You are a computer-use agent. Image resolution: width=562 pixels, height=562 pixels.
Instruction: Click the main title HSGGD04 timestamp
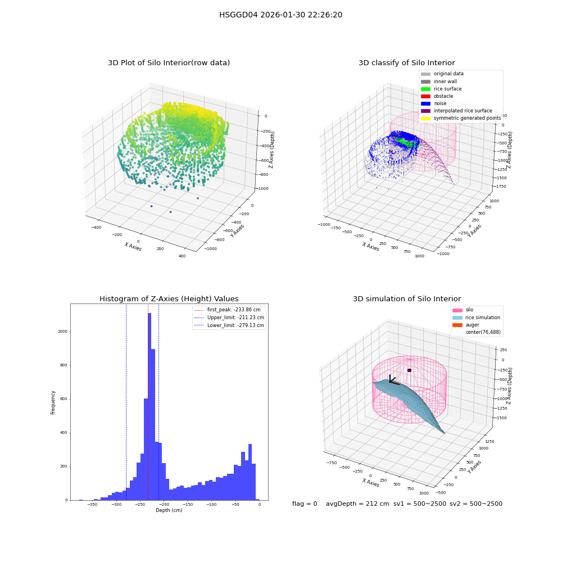pos(280,15)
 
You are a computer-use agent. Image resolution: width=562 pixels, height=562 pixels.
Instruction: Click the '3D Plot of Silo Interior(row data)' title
pos(169,63)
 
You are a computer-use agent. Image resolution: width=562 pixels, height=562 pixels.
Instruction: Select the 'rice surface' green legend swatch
pos(425,89)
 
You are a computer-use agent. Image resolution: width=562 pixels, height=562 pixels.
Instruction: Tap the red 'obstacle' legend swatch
pos(425,96)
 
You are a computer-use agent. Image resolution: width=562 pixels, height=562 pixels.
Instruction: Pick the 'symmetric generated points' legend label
pos(468,118)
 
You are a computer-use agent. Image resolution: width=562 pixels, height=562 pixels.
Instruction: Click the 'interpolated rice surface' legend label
pos(463,111)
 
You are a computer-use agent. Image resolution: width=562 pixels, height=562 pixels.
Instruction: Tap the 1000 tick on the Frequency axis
pos(63,332)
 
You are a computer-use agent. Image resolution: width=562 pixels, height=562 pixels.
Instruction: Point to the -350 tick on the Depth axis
pos(93,504)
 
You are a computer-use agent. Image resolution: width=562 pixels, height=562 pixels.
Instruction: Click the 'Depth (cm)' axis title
pos(169,510)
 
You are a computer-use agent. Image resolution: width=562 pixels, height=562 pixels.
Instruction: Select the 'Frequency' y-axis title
pos(53,402)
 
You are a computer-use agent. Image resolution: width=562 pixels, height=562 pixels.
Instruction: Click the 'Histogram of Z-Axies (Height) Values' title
pos(169,299)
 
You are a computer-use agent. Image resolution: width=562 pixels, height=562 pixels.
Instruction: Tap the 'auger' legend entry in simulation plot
pos(466,325)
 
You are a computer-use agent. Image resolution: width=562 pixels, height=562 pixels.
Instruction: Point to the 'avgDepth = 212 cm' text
pos(357,504)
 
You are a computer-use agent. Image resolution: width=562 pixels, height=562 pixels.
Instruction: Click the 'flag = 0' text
pos(305,504)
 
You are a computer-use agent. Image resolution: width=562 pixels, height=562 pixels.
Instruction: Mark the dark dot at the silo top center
pos(409,370)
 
